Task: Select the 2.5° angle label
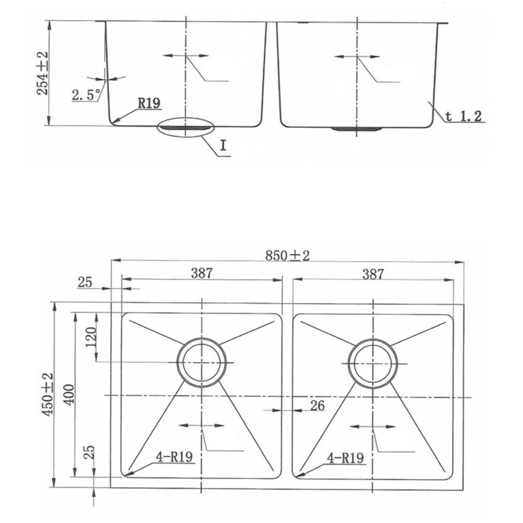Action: pyautogui.click(x=85, y=95)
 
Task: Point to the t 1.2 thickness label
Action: pyautogui.click(x=465, y=116)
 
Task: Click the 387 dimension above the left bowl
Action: pyautogui.click(x=202, y=274)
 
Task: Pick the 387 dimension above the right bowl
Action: pyautogui.click(x=373, y=274)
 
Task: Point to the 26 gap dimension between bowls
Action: pyautogui.click(x=317, y=407)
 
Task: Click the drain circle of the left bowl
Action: pyautogui.click(x=202, y=362)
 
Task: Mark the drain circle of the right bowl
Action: pyautogui.click(x=373, y=362)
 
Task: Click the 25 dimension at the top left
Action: pyautogui.click(x=84, y=282)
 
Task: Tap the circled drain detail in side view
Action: pyautogui.click(x=185, y=127)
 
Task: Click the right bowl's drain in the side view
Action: pyautogui.click(x=356, y=128)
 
